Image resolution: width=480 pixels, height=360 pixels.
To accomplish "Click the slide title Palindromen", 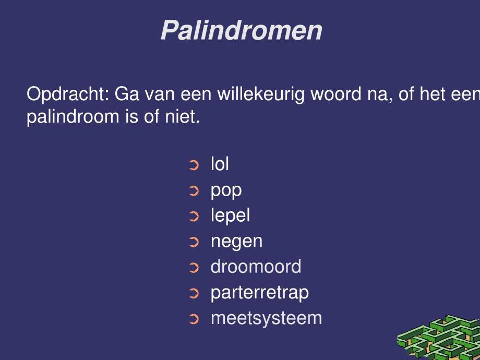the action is click(x=242, y=30).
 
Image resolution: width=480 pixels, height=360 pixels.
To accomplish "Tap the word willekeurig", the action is click(x=261, y=94).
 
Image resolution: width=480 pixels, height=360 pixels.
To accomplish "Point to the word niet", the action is click(x=183, y=117).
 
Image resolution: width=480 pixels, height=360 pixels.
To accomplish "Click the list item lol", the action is click(x=220, y=164).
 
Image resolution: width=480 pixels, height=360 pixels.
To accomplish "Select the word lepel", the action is click(x=230, y=215).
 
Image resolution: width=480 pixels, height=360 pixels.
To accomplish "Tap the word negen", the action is click(x=237, y=242).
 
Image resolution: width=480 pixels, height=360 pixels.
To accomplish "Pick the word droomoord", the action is click(x=256, y=266).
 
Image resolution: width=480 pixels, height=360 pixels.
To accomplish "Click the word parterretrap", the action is click(x=260, y=293).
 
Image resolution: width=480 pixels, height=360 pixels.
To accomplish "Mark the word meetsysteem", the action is click(x=266, y=318).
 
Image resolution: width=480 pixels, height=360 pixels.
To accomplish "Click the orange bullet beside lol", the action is click(x=194, y=165).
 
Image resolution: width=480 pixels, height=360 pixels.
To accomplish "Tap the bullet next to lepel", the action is click(x=194, y=217).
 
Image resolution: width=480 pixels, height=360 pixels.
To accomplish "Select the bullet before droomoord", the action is click(x=194, y=268).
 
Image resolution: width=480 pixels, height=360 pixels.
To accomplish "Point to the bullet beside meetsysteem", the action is click(x=194, y=319).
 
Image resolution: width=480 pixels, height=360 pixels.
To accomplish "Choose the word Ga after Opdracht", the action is click(x=127, y=94).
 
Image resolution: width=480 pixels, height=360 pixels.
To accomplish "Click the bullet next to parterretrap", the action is click(x=194, y=294).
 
